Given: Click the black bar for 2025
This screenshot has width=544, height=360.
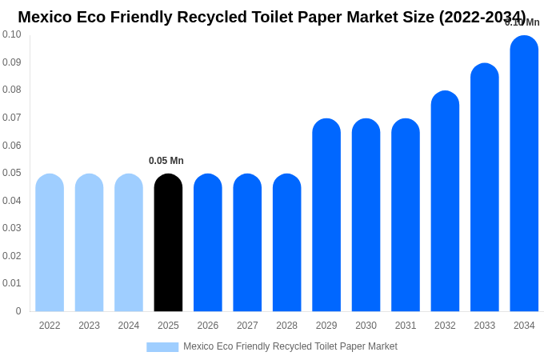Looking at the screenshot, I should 168,243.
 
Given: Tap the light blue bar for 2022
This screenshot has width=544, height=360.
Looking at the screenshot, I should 50,243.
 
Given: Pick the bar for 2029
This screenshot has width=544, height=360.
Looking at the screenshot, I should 326,215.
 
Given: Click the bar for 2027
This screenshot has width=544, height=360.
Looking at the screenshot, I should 247,243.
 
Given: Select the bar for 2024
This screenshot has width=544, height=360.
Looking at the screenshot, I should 129,243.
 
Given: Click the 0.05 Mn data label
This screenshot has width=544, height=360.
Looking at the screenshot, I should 166,161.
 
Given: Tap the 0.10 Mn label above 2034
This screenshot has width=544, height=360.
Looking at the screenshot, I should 522,22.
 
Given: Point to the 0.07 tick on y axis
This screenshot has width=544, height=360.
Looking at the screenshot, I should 12,118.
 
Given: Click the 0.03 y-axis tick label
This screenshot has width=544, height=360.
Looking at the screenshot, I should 12,228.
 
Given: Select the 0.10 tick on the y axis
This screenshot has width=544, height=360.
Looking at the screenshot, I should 12,34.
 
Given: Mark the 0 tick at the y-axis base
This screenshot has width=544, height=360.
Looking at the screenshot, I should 18,311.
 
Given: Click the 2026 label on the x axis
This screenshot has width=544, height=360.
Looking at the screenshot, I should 208,326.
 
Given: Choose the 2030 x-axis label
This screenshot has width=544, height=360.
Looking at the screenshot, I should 366,326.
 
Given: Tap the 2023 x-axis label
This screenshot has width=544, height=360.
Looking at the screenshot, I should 89,326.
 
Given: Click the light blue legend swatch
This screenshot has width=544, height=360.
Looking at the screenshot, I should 162,347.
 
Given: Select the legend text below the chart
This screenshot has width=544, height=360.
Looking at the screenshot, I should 290,346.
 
